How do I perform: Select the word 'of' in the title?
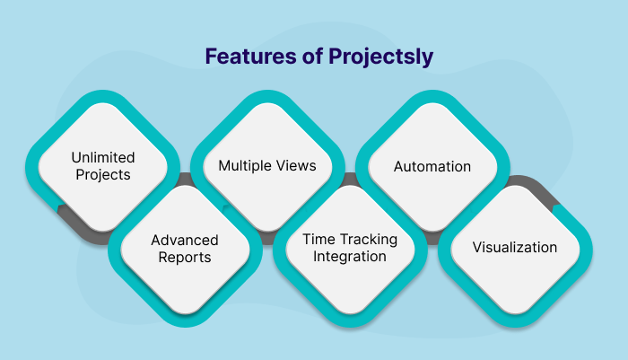(298, 57)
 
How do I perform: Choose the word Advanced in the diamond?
(185, 241)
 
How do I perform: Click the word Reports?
(185, 257)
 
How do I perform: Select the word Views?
(297, 166)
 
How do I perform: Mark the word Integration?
(344, 257)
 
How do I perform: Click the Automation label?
(432, 166)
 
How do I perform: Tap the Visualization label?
(515, 248)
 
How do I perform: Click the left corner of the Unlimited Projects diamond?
(28, 166)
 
